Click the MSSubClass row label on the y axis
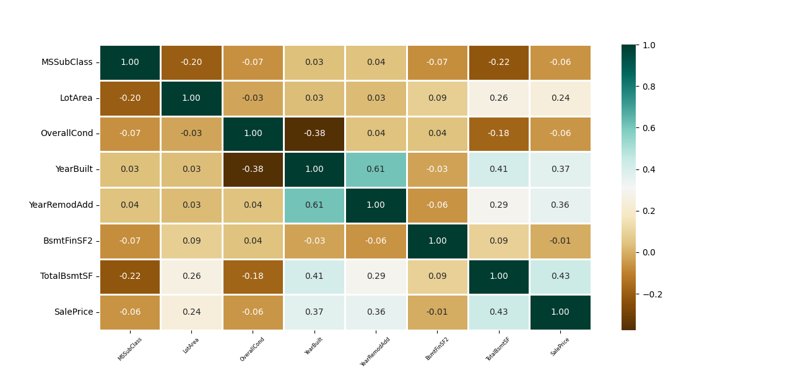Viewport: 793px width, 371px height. (67, 62)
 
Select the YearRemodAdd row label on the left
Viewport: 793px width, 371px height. (61, 205)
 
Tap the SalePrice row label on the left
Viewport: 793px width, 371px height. (74, 312)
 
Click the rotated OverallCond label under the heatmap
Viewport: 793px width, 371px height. (253, 349)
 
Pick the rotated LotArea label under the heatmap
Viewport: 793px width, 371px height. (191, 345)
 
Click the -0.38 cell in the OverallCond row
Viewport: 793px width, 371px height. (314, 134)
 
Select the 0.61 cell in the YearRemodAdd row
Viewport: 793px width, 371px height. (314, 205)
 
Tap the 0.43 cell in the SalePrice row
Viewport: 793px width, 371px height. (498, 312)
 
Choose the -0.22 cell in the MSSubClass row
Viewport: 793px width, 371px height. (498, 62)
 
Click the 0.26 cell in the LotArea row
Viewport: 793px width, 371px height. (498, 98)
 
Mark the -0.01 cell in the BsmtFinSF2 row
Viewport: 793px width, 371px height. (560, 241)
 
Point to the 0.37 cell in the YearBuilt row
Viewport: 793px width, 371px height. (560, 169)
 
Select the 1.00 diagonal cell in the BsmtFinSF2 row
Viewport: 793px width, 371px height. (437, 241)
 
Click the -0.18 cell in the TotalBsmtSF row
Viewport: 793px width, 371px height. (253, 276)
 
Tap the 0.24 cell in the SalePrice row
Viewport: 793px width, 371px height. (191, 312)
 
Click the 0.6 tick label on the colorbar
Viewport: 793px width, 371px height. (649, 128)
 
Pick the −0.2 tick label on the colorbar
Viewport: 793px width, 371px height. (652, 294)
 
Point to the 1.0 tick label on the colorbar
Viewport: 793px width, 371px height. (649, 45)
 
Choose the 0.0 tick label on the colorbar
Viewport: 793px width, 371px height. (649, 252)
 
